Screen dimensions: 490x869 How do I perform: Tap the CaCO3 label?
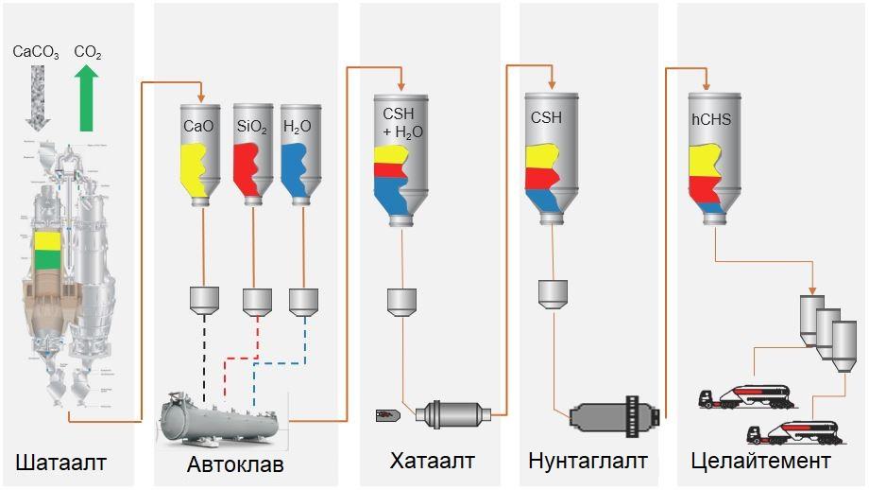(x=36, y=53)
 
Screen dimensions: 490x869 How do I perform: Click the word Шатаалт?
(x=60, y=462)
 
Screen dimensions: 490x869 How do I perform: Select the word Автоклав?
(x=235, y=464)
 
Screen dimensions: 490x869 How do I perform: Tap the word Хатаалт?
(x=432, y=461)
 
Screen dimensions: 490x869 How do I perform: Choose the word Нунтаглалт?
(x=588, y=462)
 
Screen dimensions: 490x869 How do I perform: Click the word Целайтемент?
(x=761, y=462)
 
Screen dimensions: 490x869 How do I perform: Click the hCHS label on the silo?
(x=713, y=120)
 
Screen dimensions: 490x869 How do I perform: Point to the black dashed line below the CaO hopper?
(x=205, y=350)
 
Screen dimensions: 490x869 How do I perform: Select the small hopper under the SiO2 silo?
(x=257, y=301)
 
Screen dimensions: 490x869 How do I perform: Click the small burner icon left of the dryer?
(x=387, y=413)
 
